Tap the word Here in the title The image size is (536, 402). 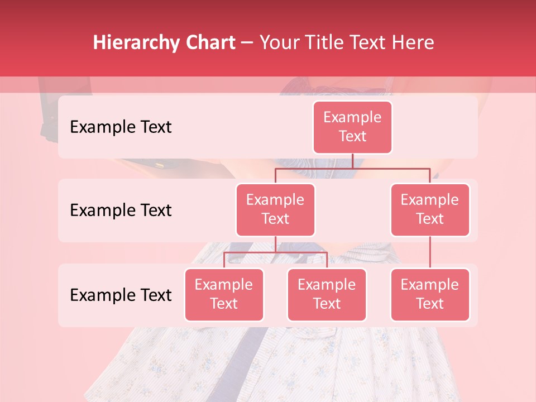[x=412, y=43]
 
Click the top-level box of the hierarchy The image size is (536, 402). [x=352, y=127]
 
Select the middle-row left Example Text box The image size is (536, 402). [x=275, y=210]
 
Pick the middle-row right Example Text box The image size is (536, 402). [x=430, y=210]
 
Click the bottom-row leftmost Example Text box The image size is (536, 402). [x=224, y=295]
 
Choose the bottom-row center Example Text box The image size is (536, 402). [x=327, y=295]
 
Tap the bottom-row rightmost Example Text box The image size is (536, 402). [x=430, y=295]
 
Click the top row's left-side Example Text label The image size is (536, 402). [x=121, y=127]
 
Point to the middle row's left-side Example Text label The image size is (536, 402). [x=121, y=210]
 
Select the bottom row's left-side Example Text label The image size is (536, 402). [x=121, y=295]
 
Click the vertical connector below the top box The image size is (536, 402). [x=352, y=161]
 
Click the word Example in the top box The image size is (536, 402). [x=352, y=118]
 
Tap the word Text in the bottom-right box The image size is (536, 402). [x=430, y=304]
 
